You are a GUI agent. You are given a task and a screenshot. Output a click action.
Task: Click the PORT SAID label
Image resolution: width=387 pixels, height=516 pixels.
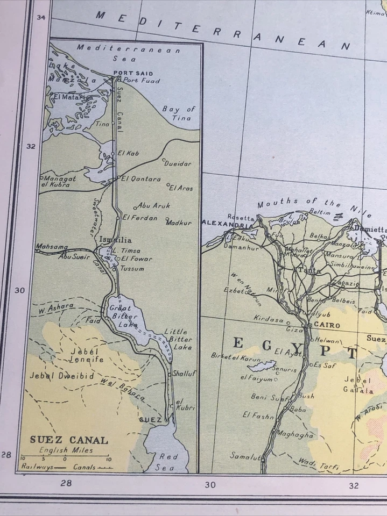(x=133, y=73)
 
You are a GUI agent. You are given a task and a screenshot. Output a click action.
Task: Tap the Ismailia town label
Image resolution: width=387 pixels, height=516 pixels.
(x=115, y=240)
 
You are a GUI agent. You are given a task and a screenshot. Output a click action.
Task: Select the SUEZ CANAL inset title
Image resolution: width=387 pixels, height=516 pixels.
(x=69, y=440)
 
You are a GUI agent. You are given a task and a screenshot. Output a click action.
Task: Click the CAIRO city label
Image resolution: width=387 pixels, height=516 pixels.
(x=325, y=325)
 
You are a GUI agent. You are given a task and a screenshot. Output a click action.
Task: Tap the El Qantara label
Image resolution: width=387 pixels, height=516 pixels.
(x=141, y=179)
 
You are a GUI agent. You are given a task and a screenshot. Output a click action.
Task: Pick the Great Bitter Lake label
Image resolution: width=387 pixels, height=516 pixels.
(x=124, y=316)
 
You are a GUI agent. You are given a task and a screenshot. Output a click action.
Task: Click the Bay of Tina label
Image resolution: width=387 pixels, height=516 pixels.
(x=178, y=113)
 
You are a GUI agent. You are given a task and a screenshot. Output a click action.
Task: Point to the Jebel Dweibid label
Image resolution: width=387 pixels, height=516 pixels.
(x=62, y=376)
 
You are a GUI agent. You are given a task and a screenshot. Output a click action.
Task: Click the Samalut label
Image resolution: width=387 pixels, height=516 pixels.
(x=245, y=455)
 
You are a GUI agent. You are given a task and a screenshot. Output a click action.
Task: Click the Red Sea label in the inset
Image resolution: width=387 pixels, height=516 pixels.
(x=165, y=462)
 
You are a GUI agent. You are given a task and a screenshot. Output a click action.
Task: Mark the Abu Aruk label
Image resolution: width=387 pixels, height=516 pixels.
(x=154, y=205)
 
